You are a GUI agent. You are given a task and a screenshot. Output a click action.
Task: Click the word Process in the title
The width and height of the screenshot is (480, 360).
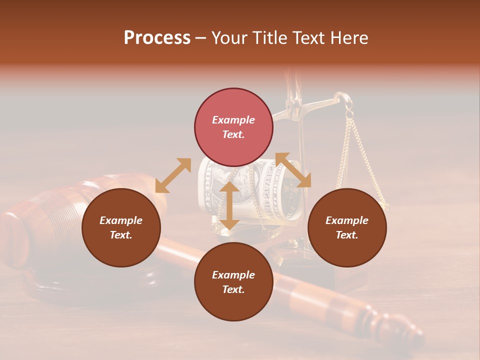(x=157, y=38)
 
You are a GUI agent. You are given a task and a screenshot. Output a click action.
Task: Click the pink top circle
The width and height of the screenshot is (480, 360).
(x=233, y=127)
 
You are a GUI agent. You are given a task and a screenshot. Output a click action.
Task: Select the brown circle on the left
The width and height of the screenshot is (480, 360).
(x=121, y=227)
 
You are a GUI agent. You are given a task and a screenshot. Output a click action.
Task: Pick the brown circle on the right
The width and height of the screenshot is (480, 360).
(x=347, y=227)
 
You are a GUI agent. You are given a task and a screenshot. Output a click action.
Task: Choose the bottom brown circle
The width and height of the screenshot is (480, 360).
(x=233, y=281)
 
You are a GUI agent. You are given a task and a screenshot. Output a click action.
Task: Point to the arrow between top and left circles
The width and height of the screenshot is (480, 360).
(x=173, y=175)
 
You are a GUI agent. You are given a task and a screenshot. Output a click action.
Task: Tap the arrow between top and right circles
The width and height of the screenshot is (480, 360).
(x=293, y=170)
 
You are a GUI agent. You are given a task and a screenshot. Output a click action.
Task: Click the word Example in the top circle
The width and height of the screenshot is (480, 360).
(x=233, y=120)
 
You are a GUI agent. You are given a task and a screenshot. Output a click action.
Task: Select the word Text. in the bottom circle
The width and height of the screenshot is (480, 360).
(x=233, y=289)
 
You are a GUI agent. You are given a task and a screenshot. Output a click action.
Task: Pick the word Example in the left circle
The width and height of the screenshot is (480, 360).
(x=121, y=220)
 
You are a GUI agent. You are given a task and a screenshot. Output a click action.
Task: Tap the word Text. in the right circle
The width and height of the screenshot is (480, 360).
(x=347, y=235)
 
